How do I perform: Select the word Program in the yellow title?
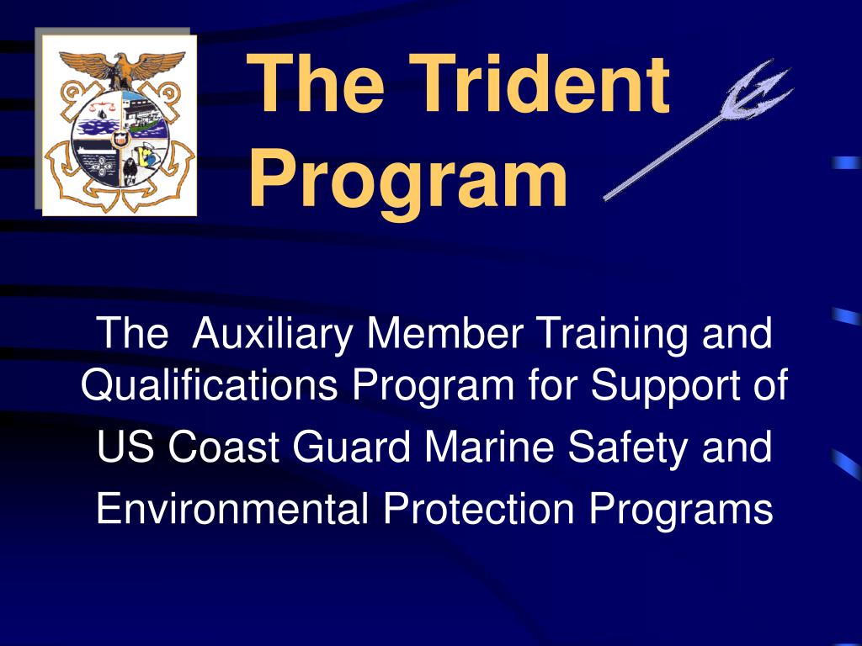409,179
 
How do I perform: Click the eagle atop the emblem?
118,68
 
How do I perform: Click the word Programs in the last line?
680,509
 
